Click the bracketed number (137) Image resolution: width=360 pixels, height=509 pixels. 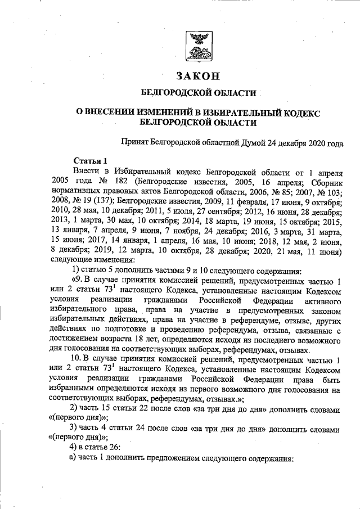[x=100, y=201]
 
